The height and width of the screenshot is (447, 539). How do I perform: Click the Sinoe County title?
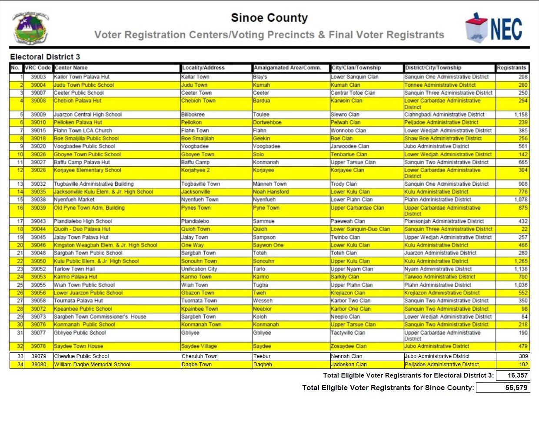(269, 18)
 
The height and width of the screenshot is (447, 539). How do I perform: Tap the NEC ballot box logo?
(493, 28)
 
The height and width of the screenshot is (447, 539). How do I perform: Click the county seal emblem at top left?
(30, 28)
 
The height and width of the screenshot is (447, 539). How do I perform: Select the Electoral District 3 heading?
(45, 57)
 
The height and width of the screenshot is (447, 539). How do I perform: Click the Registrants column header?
(512, 68)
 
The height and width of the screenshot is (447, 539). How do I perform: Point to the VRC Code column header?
(38, 68)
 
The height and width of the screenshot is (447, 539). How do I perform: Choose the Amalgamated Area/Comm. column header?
(288, 68)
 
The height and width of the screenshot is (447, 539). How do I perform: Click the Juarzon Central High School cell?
(87, 115)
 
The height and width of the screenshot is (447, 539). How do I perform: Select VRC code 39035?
(38, 192)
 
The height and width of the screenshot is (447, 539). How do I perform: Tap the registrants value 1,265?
(521, 261)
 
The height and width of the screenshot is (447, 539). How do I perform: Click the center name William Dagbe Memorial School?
(92, 365)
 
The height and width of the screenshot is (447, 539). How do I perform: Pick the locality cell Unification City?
(199, 269)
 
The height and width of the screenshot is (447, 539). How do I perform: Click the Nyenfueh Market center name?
(74, 200)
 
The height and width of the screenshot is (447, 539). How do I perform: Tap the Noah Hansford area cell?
(271, 192)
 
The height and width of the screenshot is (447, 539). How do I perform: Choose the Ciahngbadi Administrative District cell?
(444, 115)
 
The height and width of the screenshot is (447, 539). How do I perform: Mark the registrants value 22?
(524, 229)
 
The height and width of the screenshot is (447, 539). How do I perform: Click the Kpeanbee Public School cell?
(83, 309)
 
